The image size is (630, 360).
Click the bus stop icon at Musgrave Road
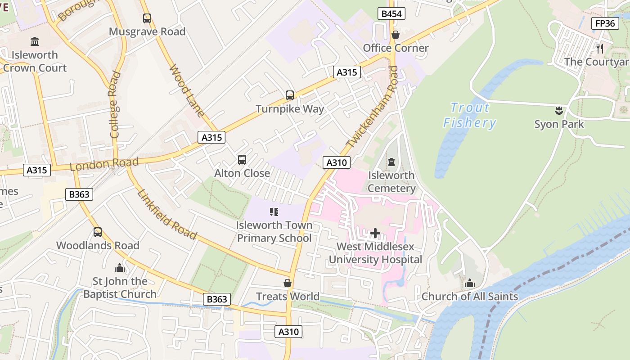[147, 18]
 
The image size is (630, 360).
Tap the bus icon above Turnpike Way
[290, 95]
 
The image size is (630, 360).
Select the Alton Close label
[242, 173]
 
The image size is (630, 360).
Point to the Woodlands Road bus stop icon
[98, 232]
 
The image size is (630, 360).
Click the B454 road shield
[391, 14]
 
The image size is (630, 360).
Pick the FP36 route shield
[605, 23]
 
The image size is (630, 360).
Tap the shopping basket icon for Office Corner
[396, 35]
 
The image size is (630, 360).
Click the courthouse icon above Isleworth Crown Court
[35, 42]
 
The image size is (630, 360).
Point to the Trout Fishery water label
[469, 115]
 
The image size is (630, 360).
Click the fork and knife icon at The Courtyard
[600, 49]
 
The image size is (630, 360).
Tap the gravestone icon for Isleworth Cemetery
[391, 162]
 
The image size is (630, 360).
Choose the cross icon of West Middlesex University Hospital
[375, 233]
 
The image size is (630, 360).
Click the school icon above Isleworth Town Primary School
[274, 211]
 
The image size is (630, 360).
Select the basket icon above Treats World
[288, 283]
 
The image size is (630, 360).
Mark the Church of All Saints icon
[470, 283]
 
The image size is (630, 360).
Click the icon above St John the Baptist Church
[120, 268]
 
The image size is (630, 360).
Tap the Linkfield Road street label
[167, 214]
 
